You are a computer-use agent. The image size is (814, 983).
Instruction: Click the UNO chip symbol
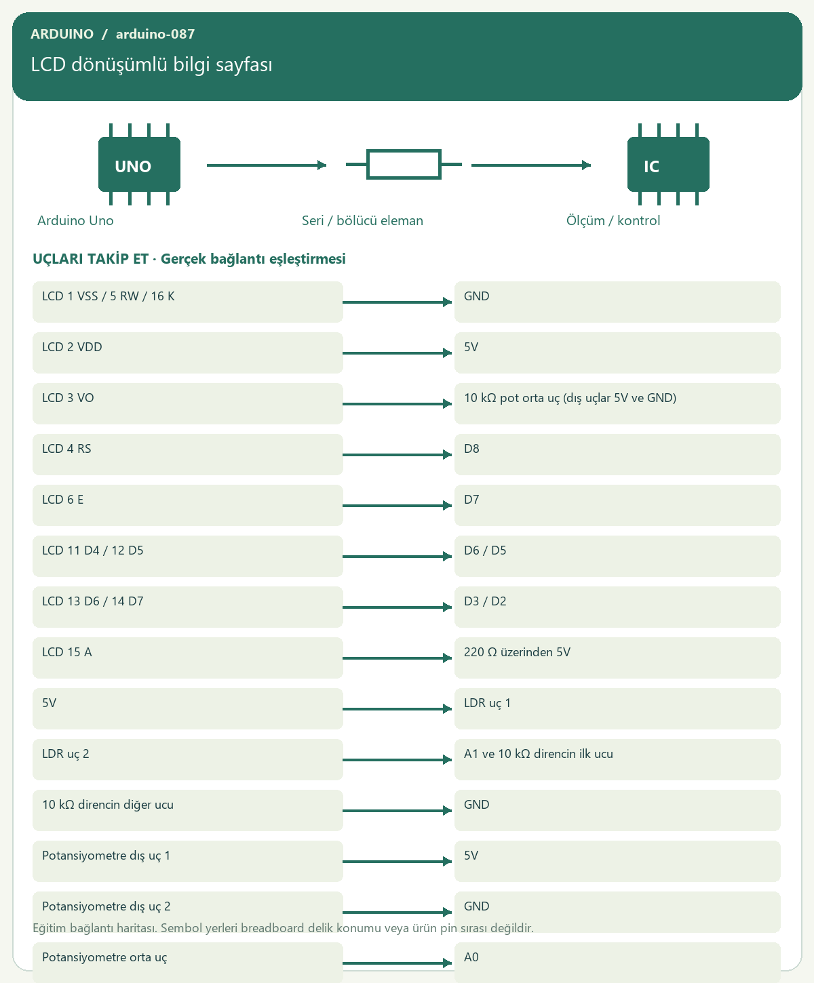point(139,164)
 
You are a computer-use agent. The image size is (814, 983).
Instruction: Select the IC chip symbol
point(668,164)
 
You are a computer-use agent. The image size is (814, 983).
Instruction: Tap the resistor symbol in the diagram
point(404,164)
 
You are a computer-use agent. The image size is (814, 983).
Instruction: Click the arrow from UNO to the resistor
point(267,165)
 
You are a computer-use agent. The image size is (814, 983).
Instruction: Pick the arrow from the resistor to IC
point(531,165)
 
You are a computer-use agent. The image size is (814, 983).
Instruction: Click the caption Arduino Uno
point(75,220)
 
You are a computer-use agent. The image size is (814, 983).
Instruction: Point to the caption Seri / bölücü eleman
point(362,220)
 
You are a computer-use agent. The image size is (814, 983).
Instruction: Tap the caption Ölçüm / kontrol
point(613,220)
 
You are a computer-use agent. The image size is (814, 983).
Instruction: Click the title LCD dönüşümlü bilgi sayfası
point(151,64)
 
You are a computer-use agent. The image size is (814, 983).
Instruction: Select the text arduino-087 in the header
point(155,34)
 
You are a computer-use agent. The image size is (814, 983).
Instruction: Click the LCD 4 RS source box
point(187,454)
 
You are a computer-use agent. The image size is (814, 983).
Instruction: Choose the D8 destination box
point(617,454)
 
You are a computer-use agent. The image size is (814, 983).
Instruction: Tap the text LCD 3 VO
point(68,398)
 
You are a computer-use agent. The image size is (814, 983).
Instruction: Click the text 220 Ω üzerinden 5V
point(517,652)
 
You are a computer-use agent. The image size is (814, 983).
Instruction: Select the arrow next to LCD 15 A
point(397,658)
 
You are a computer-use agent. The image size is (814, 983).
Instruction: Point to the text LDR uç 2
point(66,754)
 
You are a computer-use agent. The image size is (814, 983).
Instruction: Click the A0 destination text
point(471,957)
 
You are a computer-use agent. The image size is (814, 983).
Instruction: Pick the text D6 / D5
point(485,550)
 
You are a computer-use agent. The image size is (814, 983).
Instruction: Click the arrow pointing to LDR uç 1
point(397,708)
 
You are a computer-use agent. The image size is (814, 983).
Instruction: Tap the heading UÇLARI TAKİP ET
point(90,259)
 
